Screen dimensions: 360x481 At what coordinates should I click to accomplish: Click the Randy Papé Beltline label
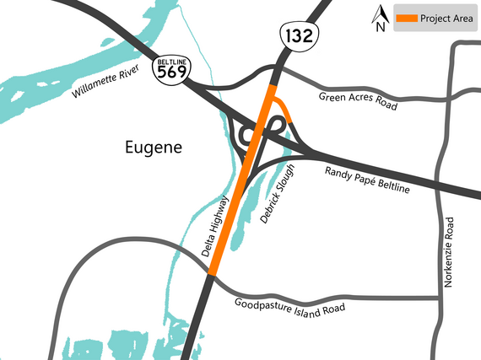pyautogui.click(x=367, y=180)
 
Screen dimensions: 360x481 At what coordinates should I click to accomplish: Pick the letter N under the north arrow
pyautogui.click(x=380, y=26)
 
